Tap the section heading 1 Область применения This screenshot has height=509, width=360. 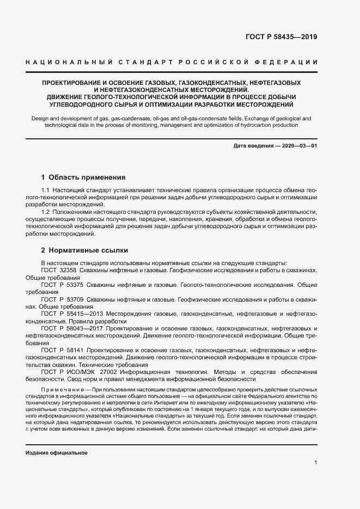83,177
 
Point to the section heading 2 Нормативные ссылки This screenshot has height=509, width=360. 84,250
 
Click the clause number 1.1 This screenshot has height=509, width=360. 45,189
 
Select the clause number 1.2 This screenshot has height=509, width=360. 45,211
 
